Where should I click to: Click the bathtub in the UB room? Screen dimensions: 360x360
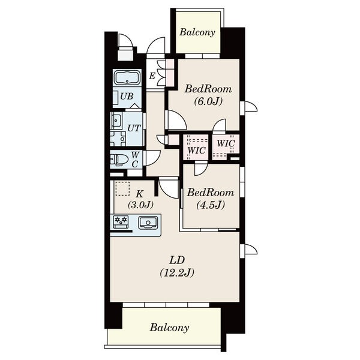[x=127, y=78]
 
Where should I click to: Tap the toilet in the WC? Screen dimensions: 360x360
[x=119, y=160]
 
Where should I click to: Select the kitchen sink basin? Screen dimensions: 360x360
[x=148, y=223]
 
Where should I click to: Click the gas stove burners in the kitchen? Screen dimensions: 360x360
[x=121, y=220]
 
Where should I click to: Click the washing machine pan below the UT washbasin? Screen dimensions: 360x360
[x=118, y=139]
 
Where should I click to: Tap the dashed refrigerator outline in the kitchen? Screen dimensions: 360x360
[x=122, y=188]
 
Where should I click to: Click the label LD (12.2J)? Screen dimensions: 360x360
[x=177, y=266]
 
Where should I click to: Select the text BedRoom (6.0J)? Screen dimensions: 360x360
[x=208, y=95]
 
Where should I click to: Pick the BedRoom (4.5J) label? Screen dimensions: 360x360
[x=211, y=199]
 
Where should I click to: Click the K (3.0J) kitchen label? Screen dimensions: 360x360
[x=140, y=199]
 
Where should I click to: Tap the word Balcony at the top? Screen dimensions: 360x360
[x=197, y=32]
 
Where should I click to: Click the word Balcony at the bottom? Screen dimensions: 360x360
[x=170, y=328]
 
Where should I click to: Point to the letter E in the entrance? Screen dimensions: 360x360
[x=152, y=76]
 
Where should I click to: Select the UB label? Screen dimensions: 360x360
[x=127, y=96]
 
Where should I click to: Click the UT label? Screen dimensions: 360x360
[x=134, y=128]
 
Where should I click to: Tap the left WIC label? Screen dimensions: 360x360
[x=196, y=151]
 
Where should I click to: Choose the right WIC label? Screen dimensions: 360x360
[x=226, y=143]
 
